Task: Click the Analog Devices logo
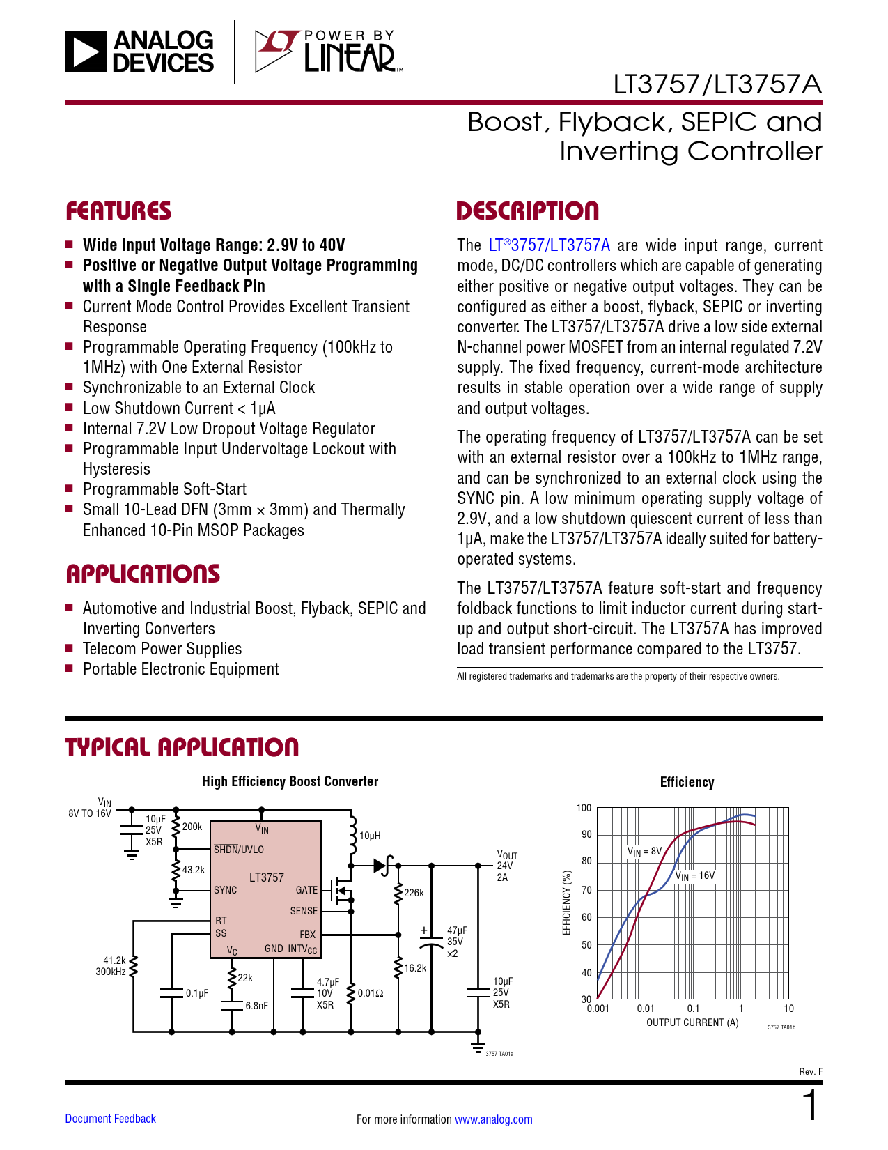pyautogui.click(x=140, y=52)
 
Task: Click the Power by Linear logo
pyautogui.click(x=327, y=52)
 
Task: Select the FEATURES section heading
pyautogui.click(x=118, y=211)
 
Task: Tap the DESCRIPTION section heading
pyautogui.click(x=527, y=211)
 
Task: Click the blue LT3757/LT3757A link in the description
pyautogui.click(x=550, y=245)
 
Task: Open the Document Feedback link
pyautogui.click(x=110, y=1119)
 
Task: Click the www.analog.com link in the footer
pyautogui.click(x=493, y=1119)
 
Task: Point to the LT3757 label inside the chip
pyautogui.click(x=267, y=877)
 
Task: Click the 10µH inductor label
pyautogui.click(x=370, y=836)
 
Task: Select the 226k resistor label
pyautogui.click(x=414, y=893)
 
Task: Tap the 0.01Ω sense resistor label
pyautogui.click(x=371, y=993)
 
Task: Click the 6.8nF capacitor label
pyautogui.click(x=256, y=1006)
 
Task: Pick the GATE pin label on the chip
pyautogui.click(x=306, y=890)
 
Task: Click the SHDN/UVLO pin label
pyautogui.click(x=239, y=850)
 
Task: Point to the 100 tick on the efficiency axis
pyautogui.click(x=584, y=808)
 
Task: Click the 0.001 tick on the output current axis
pyautogui.click(x=598, y=1009)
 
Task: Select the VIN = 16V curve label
pyautogui.click(x=695, y=876)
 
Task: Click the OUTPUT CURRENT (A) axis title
pyautogui.click(x=692, y=1022)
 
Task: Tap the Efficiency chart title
pyautogui.click(x=687, y=782)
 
